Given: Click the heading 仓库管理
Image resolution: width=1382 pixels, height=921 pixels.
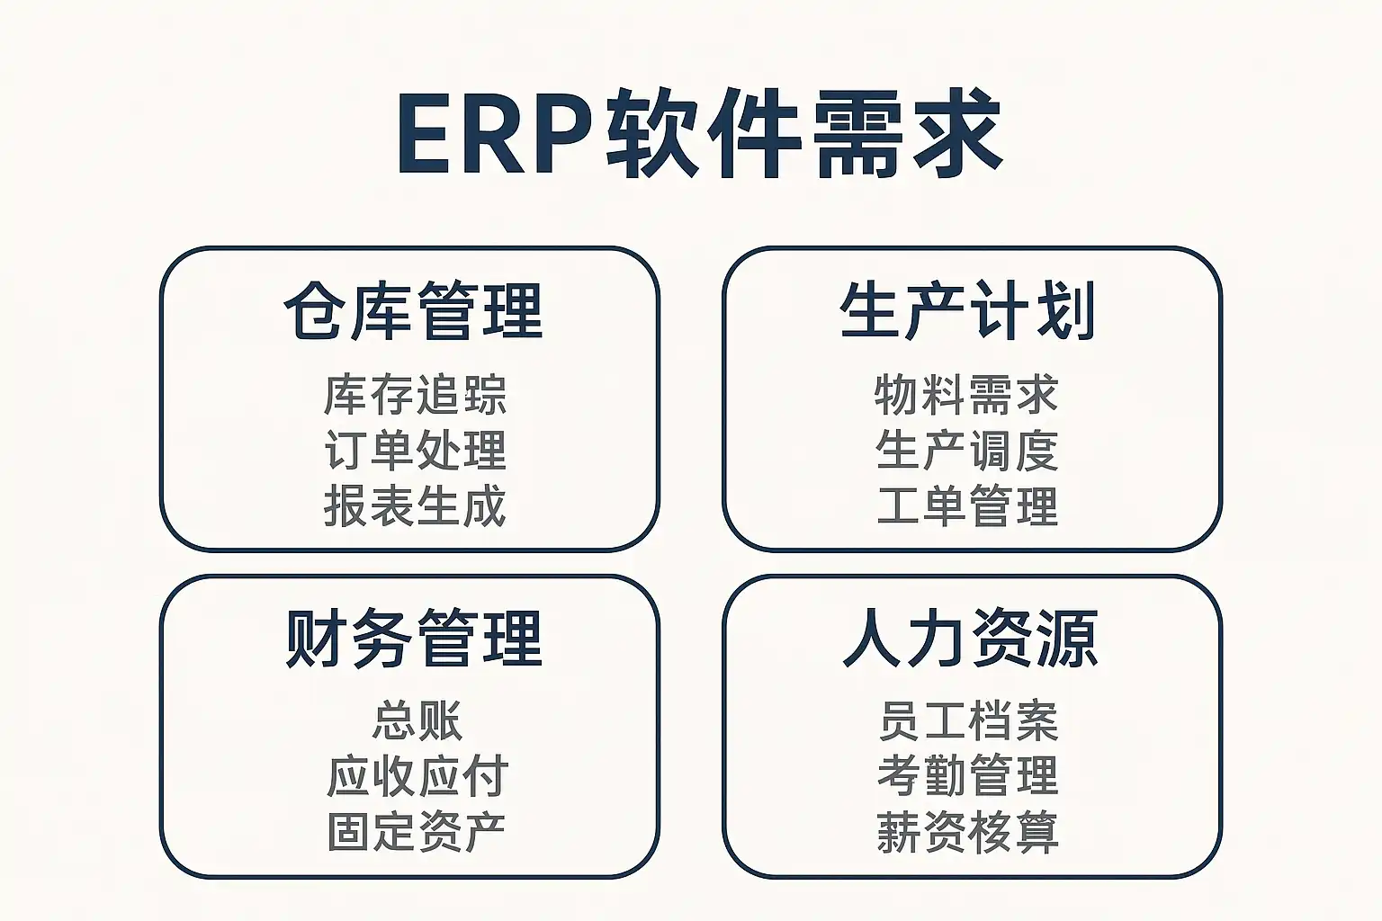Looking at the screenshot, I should pyautogui.click(x=413, y=311).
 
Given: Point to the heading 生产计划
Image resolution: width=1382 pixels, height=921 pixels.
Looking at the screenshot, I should pyautogui.click(x=967, y=311).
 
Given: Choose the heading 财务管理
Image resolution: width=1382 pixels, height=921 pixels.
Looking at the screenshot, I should pyautogui.click(x=413, y=638).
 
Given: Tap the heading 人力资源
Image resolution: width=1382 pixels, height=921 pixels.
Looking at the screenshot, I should pyautogui.click(x=970, y=638).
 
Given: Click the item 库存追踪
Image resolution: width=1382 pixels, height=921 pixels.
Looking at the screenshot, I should pyautogui.click(x=415, y=395).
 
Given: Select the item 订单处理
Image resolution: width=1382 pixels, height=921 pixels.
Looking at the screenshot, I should pyautogui.click(x=415, y=451).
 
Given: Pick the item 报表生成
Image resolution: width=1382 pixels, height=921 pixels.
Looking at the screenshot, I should pyautogui.click(x=415, y=505).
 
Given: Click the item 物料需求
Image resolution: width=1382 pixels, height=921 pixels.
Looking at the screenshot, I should pyautogui.click(x=966, y=395).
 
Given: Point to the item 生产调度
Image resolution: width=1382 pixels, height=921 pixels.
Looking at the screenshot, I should pyautogui.click(x=966, y=451).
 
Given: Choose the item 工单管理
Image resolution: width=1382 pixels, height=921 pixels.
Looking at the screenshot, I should pyautogui.click(x=967, y=505).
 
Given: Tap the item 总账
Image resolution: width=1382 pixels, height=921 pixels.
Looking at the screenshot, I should pyautogui.click(x=417, y=721).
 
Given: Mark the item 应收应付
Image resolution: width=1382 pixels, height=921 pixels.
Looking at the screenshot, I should pyautogui.click(x=417, y=776).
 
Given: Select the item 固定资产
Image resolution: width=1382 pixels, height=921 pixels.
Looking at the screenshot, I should pyautogui.click(x=417, y=832).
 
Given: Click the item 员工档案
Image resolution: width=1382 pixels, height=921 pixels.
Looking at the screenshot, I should pyautogui.click(x=968, y=721).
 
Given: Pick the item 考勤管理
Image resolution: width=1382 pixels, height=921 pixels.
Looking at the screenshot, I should pyautogui.click(x=968, y=776).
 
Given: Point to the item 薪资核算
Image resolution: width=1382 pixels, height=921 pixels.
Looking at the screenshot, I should pyautogui.click(x=968, y=832).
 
